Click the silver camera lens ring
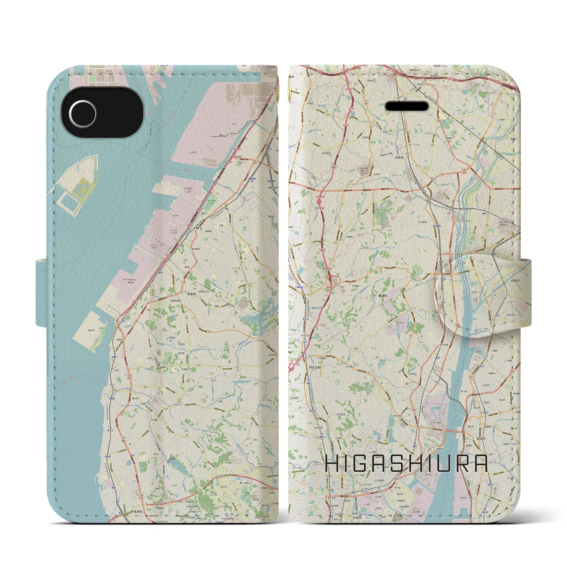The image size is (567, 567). [82, 109]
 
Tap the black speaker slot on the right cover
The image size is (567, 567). [408, 107]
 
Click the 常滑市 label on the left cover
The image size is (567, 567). [137, 512]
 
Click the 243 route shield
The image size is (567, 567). [342, 145]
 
